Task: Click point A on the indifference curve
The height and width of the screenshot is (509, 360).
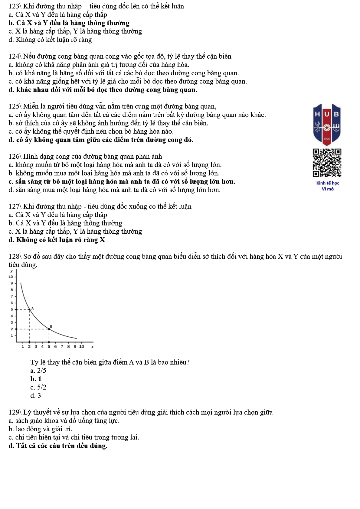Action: pos(29,309)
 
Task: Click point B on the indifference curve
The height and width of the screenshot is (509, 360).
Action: pos(49,329)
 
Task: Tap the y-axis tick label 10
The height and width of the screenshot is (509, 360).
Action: pos(11,277)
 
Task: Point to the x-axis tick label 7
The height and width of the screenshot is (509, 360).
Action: pos(62,346)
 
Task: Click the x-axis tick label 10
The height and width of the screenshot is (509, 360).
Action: pos(81,346)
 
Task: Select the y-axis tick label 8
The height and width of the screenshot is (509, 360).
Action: pos(12,290)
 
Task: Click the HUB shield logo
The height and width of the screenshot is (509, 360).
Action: pos(327,124)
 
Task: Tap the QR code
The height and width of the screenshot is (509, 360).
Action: pos(327,163)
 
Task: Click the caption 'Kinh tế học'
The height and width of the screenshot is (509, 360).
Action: pos(328,183)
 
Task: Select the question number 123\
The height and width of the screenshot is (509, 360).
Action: pos(15,6)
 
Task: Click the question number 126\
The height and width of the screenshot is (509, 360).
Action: pos(15,157)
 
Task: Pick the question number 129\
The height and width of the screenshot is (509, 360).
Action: pos(15,412)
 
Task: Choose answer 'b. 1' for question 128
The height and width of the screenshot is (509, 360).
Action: pos(36,379)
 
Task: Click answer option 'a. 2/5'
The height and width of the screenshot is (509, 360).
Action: pos(38,371)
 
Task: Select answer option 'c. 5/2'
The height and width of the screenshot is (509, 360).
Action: pos(38,387)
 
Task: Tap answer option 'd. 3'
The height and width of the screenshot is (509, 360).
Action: pos(35,396)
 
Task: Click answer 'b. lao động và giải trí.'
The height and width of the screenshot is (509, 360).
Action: pos(41,429)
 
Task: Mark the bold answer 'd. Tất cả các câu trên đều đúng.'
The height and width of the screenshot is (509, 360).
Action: pos(58,446)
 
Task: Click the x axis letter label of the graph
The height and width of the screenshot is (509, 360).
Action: pos(92,347)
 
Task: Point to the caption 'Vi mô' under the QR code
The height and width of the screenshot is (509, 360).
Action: pos(328,189)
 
